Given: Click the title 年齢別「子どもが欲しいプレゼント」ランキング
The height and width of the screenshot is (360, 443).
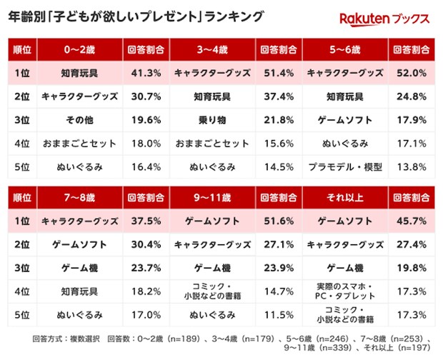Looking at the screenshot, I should pos(136,15).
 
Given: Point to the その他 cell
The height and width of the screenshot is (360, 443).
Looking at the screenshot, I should pos(79,120).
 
